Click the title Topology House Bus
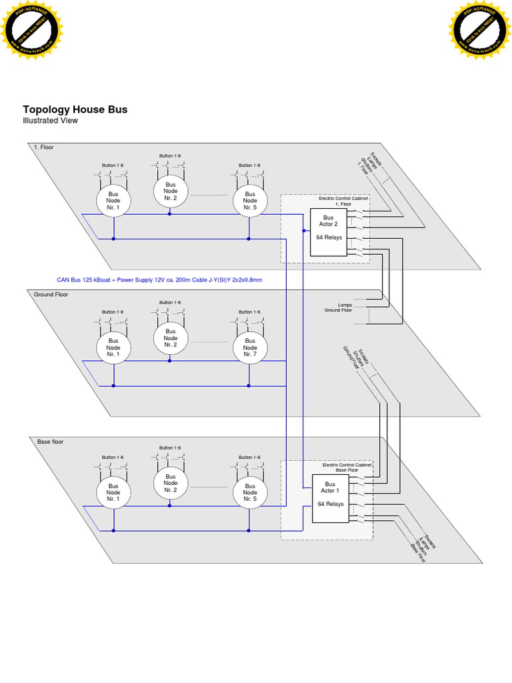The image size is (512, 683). tap(75, 109)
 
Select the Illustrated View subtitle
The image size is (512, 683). tap(50, 121)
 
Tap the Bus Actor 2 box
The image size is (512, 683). tap(328, 232)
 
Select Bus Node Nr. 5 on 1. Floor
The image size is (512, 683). tap(249, 200)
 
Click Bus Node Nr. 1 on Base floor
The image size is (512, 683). tap(113, 493)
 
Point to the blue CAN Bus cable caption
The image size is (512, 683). tap(159, 280)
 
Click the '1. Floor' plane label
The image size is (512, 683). tap(43, 147)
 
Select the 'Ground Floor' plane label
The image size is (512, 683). tap(51, 294)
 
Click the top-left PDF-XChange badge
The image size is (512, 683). tap(31, 29)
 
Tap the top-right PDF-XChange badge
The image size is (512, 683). tap(480, 29)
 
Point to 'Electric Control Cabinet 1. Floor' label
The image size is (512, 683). tap(343, 201)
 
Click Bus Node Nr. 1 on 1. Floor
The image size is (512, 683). tap(113, 200)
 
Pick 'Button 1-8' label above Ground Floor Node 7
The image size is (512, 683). tap(249, 311)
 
